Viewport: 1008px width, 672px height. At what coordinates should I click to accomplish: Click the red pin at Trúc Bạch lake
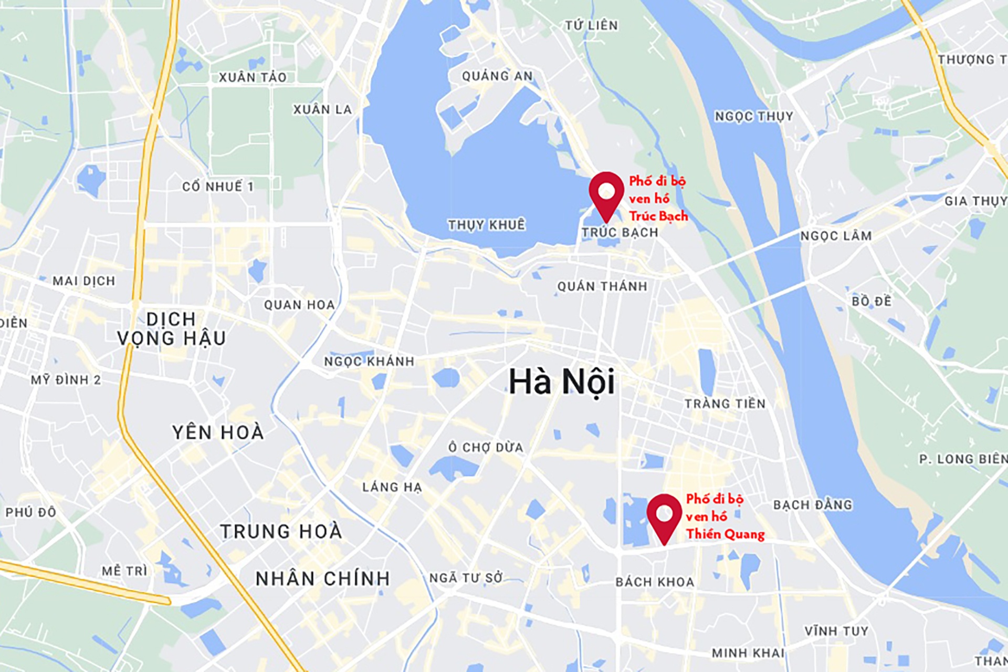(x=606, y=192)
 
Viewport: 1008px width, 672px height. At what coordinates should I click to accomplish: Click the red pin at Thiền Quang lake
(x=664, y=515)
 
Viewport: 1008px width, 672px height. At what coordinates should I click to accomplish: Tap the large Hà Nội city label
(x=562, y=382)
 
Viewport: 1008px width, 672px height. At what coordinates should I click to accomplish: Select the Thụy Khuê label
(x=486, y=225)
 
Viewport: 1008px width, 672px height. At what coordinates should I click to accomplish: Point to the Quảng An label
(x=497, y=76)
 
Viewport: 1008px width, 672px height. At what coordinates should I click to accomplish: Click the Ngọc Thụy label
(x=753, y=116)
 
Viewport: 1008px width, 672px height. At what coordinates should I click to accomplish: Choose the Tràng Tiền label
(x=725, y=404)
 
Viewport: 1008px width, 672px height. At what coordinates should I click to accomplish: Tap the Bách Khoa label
(x=655, y=582)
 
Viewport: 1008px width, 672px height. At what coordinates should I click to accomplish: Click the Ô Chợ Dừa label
(x=486, y=447)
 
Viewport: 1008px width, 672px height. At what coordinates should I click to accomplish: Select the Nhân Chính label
(x=323, y=578)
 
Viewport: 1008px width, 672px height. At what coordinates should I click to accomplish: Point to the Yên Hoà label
(x=218, y=432)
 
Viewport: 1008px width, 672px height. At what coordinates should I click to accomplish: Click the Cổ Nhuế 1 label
(x=218, y=187)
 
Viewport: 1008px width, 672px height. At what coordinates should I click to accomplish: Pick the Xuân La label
(x=322, y=109)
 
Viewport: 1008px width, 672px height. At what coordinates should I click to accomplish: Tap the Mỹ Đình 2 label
(x=66, y=379)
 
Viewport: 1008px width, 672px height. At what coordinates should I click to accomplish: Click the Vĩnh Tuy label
(x=836, y=630)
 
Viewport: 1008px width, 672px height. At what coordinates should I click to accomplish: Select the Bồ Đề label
(x=871, y=301)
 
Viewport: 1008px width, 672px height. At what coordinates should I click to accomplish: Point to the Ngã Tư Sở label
(x=466, y=578)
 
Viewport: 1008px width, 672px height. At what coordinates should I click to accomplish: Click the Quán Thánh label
(x=602, y=286)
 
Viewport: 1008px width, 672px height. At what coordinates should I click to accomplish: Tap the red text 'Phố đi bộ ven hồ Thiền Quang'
(x=724, y=516)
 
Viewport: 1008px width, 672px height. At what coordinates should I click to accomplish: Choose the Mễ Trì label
(x=124, y=571)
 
